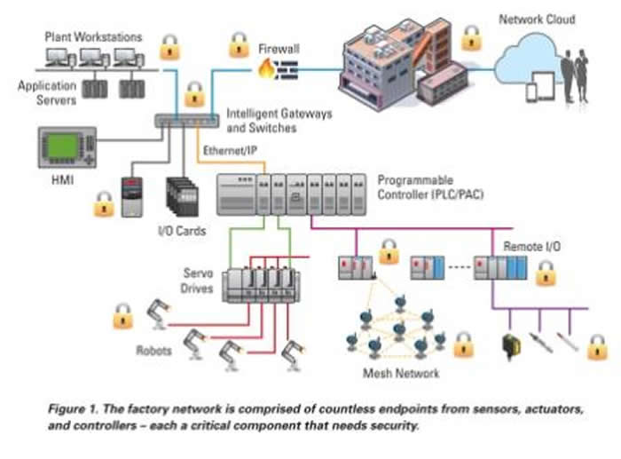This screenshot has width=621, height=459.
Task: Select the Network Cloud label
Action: pyautogui.click(x=536, y=20)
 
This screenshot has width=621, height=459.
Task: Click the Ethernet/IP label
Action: pyautogui.click(x=232, y=150)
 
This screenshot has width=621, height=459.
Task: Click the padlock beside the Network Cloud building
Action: pyautogui.click(x=471, y=37)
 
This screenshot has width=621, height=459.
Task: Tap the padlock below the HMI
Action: pyautogui.click(x=105, y=204)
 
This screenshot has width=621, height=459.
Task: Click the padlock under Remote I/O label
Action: pyautogui.click(x=546, y=273)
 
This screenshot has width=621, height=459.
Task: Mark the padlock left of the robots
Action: pyautogui.click(x=122, y=315)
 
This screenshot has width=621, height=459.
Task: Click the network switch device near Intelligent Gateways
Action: pyautogui.click(x=185, y=121)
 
